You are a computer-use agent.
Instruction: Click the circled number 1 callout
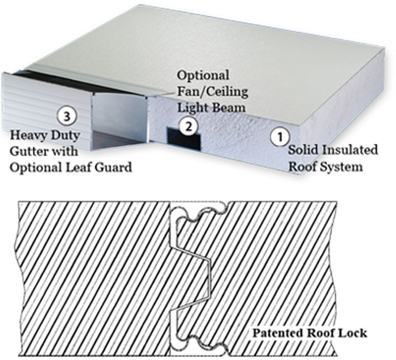click(277, 137)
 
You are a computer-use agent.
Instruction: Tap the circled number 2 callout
click(187, 125)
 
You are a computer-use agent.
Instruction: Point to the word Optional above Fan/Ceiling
click(203, 76)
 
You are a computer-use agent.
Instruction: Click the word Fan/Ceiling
click(211, 92)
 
